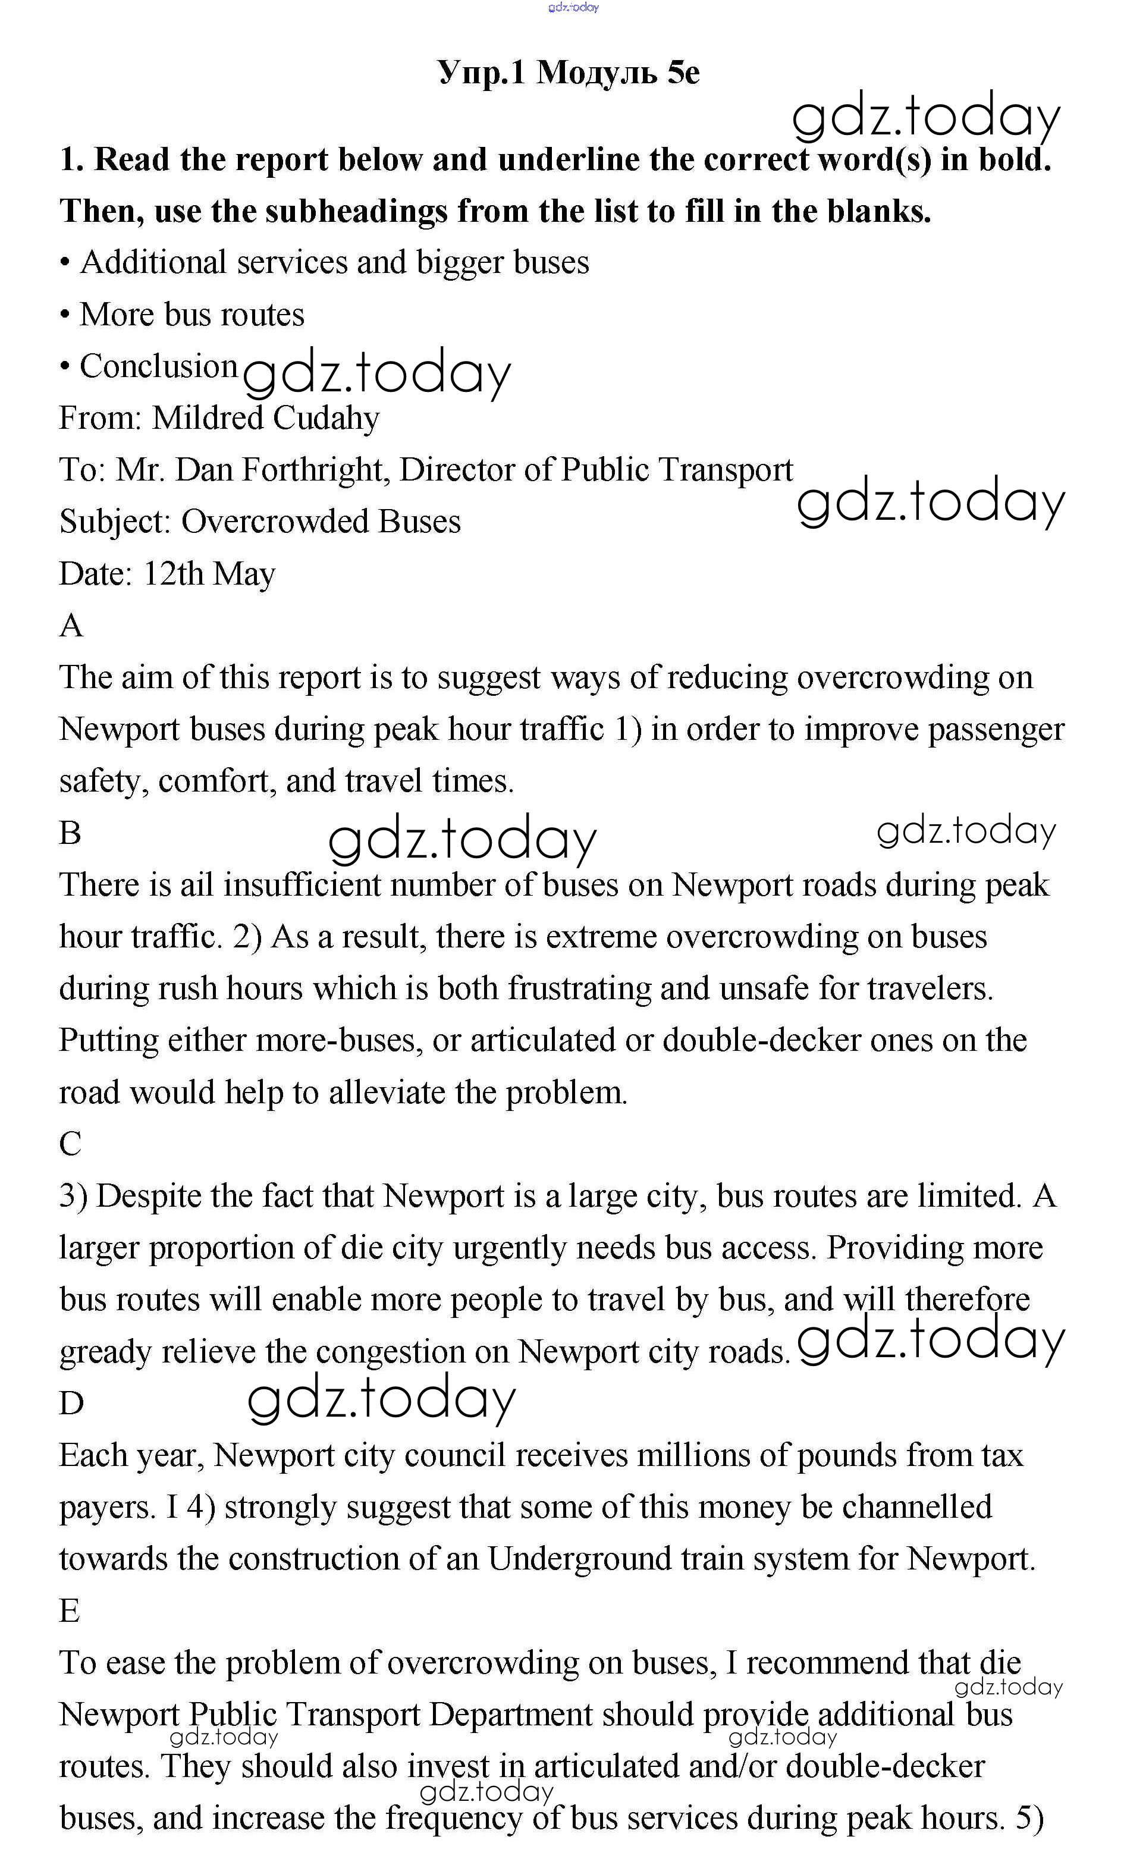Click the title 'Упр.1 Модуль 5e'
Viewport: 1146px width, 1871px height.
click(x=568, y=73)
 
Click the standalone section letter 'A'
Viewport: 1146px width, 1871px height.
click(x=71, y=626)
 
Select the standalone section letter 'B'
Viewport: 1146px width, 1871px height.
click(x=70, y=833)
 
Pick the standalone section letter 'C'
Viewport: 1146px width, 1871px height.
click(x=70, y=1144)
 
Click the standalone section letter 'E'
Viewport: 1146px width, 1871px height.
click(x=69, y=1611)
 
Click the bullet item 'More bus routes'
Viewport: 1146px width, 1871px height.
click(x=191, y=315)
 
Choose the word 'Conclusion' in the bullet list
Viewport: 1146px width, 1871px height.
click(x=159, y=366)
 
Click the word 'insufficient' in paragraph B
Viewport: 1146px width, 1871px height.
click(x=302, y=884)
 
